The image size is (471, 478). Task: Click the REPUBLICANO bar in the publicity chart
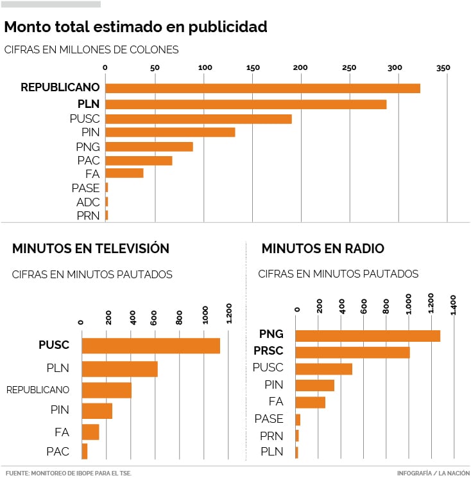tap(262, 89)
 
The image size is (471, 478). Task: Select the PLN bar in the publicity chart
tap(246, 104)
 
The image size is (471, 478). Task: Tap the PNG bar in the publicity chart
tap(149, 146)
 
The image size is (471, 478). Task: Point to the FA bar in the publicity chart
tap(124, 173)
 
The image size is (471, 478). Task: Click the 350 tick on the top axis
tap(443, 68)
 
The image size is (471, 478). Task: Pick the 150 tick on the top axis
tap(253, 68)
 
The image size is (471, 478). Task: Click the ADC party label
tap(88, 202)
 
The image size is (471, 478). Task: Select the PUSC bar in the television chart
tap(151, 346)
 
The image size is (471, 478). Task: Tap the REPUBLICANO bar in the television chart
tap(107, 390)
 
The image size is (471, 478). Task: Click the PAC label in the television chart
tap(58, 452)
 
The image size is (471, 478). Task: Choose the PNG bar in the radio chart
tap(368, 335)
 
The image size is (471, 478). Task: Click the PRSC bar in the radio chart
tap(352, 352)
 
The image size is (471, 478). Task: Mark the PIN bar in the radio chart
tap(315, 385)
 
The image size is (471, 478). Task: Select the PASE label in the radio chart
tap(269, 419)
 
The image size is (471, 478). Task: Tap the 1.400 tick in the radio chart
tap(453, 304)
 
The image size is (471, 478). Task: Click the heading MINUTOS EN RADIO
tap(323, 249)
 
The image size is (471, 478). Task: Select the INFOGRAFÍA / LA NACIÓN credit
tap(433, 473)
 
